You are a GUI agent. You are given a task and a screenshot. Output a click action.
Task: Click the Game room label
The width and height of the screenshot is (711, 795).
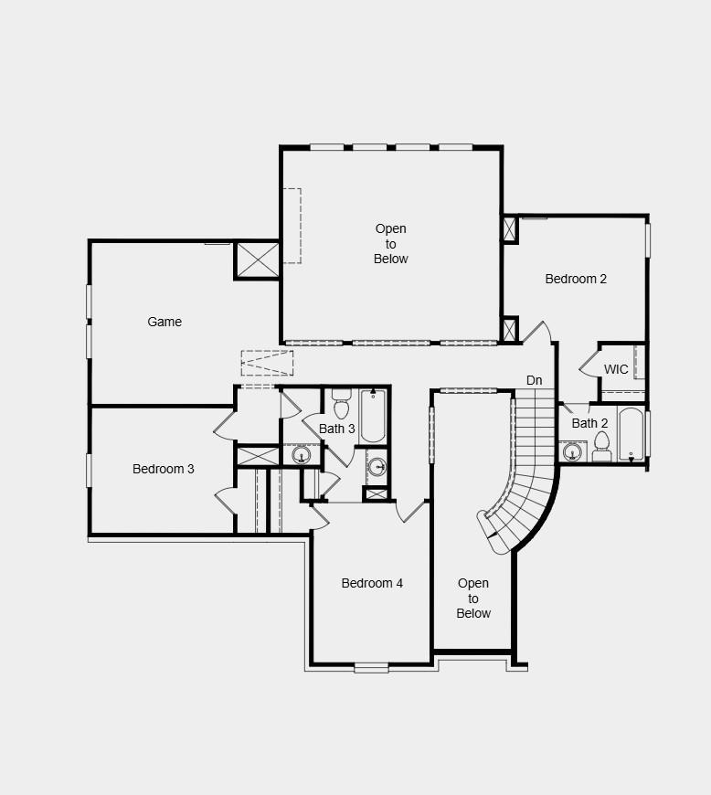pyautogui.click(x=164, y=322)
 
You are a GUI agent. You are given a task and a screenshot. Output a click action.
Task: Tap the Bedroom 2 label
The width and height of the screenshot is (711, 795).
pyautogui.click(x=576, y=279)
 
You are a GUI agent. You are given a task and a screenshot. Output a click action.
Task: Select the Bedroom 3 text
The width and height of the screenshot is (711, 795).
pyautogui.click(x=164, y=469)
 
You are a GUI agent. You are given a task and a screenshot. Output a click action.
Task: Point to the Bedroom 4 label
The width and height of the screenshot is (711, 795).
pyautogui.click(x=372, y=583)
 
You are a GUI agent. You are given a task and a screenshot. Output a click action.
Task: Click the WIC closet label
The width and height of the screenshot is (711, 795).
pyautogui.click(x=616, y=370)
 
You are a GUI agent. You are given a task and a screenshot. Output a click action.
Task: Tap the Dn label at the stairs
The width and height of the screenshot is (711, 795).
pyautogui.click(x=535, y=380)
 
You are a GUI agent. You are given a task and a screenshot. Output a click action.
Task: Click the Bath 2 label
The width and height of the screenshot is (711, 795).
pyautogui.click(x=589, y=423)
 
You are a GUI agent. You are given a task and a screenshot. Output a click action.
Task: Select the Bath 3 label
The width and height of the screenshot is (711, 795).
pyautogui.click(x=337, y=429)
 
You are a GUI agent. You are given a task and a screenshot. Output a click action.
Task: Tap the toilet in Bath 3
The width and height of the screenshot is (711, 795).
pyautogui.click(x=341, y=404)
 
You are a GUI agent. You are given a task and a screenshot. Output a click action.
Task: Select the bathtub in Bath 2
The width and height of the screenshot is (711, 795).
pyautogui.click(x=631, y=434)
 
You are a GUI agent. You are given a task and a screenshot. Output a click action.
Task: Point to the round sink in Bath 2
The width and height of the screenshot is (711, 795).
pyautogui.click(x=574, y=451)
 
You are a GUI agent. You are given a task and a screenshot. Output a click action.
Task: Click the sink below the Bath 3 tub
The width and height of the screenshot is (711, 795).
pyautogui.click(x=377, y=467)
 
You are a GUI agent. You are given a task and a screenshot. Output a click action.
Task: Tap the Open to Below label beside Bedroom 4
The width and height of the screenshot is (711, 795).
pyautogui.click(x=473, y=598)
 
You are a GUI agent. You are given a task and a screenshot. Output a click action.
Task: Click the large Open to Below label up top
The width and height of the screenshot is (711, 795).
pyautogui.click(x=391, y=244)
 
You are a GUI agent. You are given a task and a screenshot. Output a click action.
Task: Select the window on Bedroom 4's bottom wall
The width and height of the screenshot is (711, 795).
pyautogui.click(x=372, y=668)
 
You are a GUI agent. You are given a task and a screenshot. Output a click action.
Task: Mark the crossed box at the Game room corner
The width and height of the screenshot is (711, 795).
pyautogui.click(x=257, y=260)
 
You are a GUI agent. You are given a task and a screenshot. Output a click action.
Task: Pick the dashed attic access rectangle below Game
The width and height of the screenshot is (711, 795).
pyautogui.click(x=268, y=363)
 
